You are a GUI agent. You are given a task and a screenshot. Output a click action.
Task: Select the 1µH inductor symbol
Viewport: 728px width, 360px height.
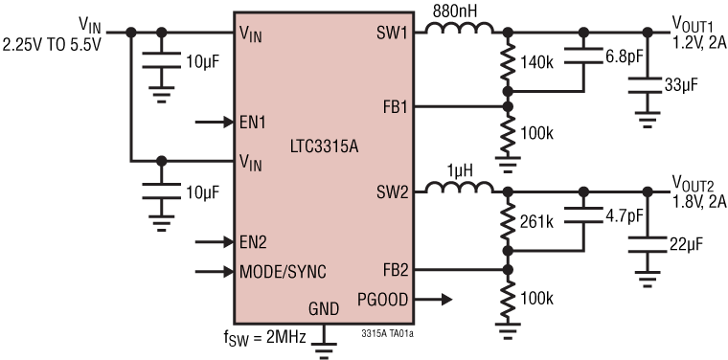point(459,191)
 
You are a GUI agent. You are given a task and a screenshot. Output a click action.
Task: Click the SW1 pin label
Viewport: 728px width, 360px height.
point(393,33)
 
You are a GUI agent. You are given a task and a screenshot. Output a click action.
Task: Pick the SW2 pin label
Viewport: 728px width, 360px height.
point(393,192)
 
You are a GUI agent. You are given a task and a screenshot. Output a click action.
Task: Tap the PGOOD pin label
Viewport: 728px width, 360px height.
point(384,300)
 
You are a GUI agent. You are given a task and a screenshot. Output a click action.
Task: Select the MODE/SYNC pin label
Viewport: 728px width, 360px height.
point(283,272)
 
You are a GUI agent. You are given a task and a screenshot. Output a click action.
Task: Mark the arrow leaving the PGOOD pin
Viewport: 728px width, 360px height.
point(435,300)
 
